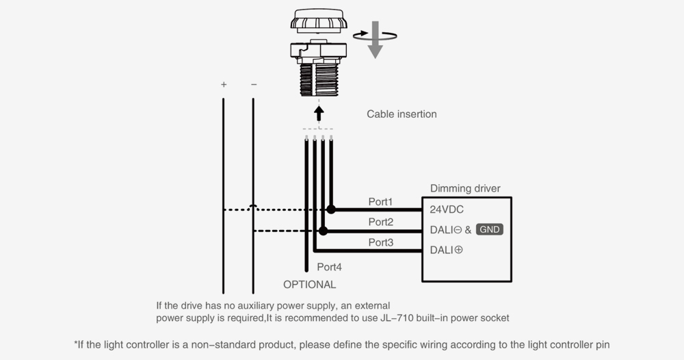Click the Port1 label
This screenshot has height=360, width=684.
[380, 202]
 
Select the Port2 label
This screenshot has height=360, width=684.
[381, 222]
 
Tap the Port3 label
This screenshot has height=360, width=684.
[381, 242]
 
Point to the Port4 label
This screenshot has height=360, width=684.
[330, 267]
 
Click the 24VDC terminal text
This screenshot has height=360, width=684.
[447, 209]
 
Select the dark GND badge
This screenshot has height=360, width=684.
[490, 229]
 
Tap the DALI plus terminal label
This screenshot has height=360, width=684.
[446, 250]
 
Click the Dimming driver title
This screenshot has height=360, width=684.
[465, 188]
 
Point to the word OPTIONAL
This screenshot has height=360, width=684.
[310, 285]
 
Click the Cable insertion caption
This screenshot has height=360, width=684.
[402, 114]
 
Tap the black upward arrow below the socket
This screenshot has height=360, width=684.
[319, 114]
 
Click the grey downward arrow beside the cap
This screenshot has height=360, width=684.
[375, 40]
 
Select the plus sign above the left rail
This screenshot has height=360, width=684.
[224, 84]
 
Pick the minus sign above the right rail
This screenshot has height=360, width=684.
[254, 84]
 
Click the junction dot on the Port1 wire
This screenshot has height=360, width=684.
[331, 209]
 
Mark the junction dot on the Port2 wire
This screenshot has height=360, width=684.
[323, 231]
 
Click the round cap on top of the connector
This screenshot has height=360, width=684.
[319, 21]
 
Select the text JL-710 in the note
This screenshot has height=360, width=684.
[395, 318]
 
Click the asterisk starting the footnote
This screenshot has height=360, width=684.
[76, 342]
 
